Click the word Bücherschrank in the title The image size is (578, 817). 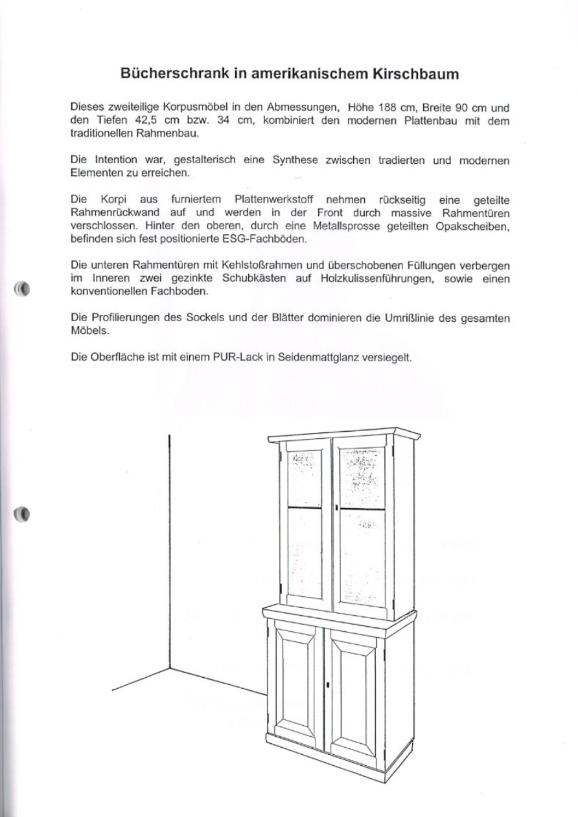(173, 74)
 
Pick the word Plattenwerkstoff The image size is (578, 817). (274, 201)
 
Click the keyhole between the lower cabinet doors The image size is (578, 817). (329, 685)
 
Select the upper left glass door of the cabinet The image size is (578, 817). (305, 521)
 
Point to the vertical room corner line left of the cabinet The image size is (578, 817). (169, 550)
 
